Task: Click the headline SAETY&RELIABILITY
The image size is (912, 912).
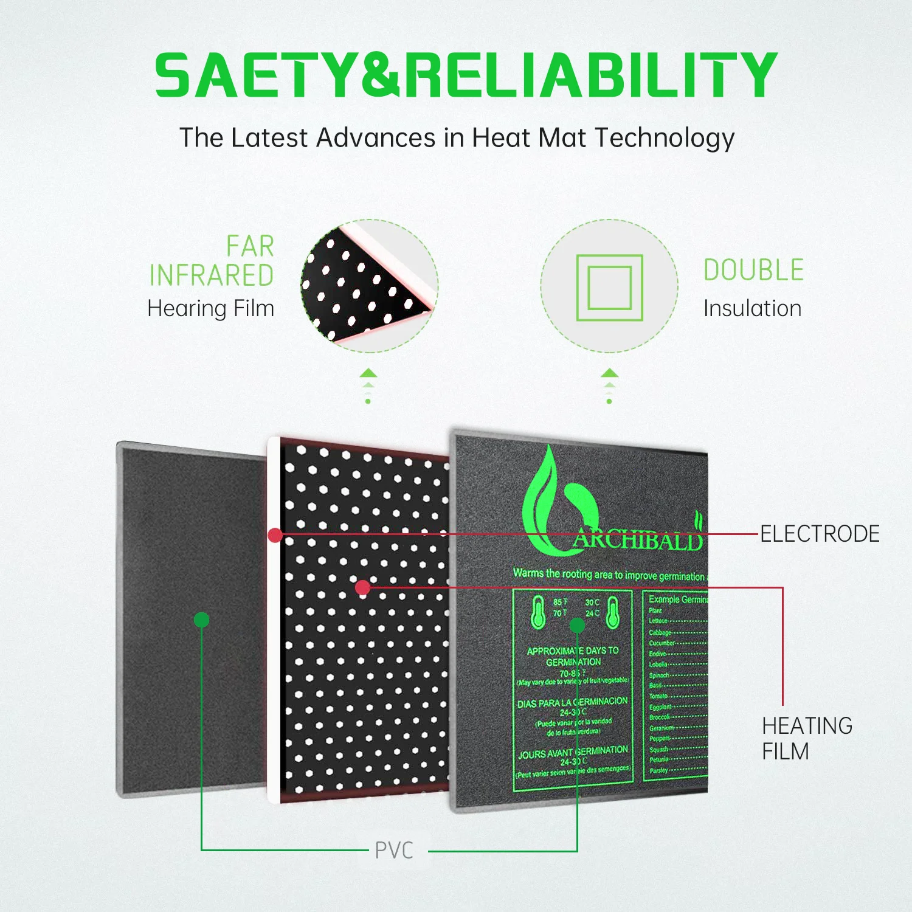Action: pos(466,75)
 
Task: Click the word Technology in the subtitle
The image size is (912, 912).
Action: pos(665,138)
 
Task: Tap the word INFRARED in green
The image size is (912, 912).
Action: pos(212,275)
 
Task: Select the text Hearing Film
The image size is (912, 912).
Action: pos(211,308)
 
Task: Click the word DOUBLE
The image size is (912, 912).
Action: pos(753,270)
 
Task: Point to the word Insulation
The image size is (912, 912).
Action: pos(752,308)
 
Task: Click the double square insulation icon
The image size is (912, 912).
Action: pos(609,288)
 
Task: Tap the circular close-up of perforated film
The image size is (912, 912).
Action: pos(369,286)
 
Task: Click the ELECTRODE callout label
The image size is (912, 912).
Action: pos(820,534)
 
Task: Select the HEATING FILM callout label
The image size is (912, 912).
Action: pos(807,738)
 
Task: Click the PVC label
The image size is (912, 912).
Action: pos(394,851)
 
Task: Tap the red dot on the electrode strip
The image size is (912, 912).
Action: pos(275,535)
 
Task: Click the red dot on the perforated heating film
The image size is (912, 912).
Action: pos(363,587)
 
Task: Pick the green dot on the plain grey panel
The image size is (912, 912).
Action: pos(201,620)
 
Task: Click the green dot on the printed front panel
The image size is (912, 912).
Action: pos(577,626)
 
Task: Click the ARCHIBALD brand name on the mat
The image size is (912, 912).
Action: pos(638,539)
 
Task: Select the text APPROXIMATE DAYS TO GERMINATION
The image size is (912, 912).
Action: pos(573,656)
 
